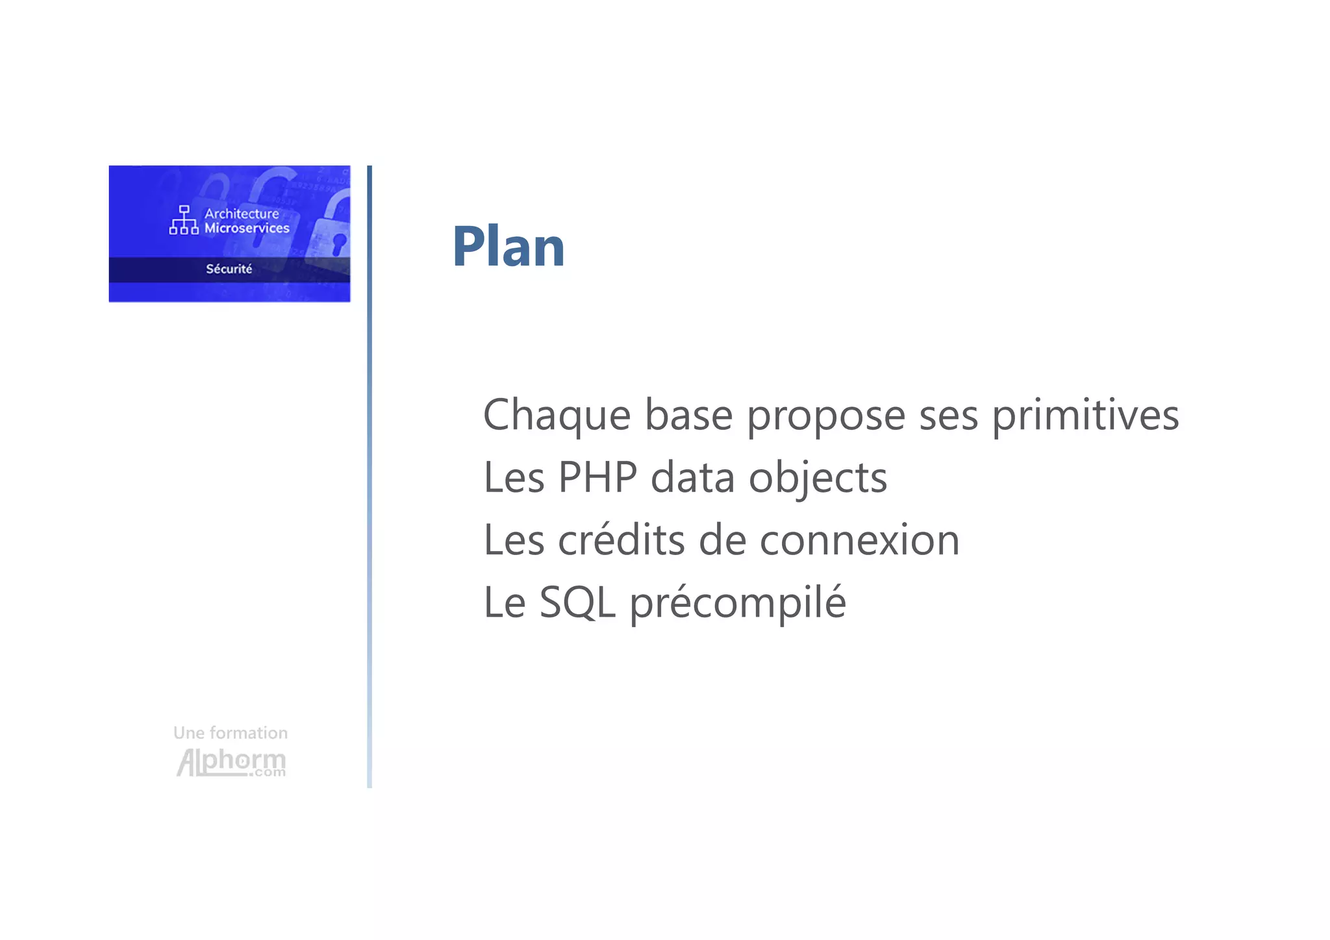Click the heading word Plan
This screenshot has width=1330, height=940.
tap(508, 247)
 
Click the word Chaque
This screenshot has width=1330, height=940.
tap(557, 415)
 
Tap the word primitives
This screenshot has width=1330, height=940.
tap(1085, 415)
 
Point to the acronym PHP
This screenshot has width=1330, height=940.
tap(597, 477)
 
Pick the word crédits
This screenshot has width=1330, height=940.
tap(621, 540)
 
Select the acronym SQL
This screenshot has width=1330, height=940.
tap(577, 602)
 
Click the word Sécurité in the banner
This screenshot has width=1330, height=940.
tap(229, 269)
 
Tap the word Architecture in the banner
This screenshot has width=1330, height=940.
tap(242, 214)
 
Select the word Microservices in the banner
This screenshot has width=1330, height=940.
tap(247, 228)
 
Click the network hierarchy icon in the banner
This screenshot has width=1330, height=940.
tap(184, 220)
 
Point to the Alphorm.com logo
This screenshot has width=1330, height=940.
tap(231, 762)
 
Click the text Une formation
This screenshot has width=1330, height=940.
tap(231, 733)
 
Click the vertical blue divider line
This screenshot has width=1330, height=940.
tap(370, 477)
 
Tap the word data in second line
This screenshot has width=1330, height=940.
tap(692, 477)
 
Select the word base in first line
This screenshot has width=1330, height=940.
tap(688, 415)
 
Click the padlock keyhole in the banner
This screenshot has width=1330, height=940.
tap(338, 243)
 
